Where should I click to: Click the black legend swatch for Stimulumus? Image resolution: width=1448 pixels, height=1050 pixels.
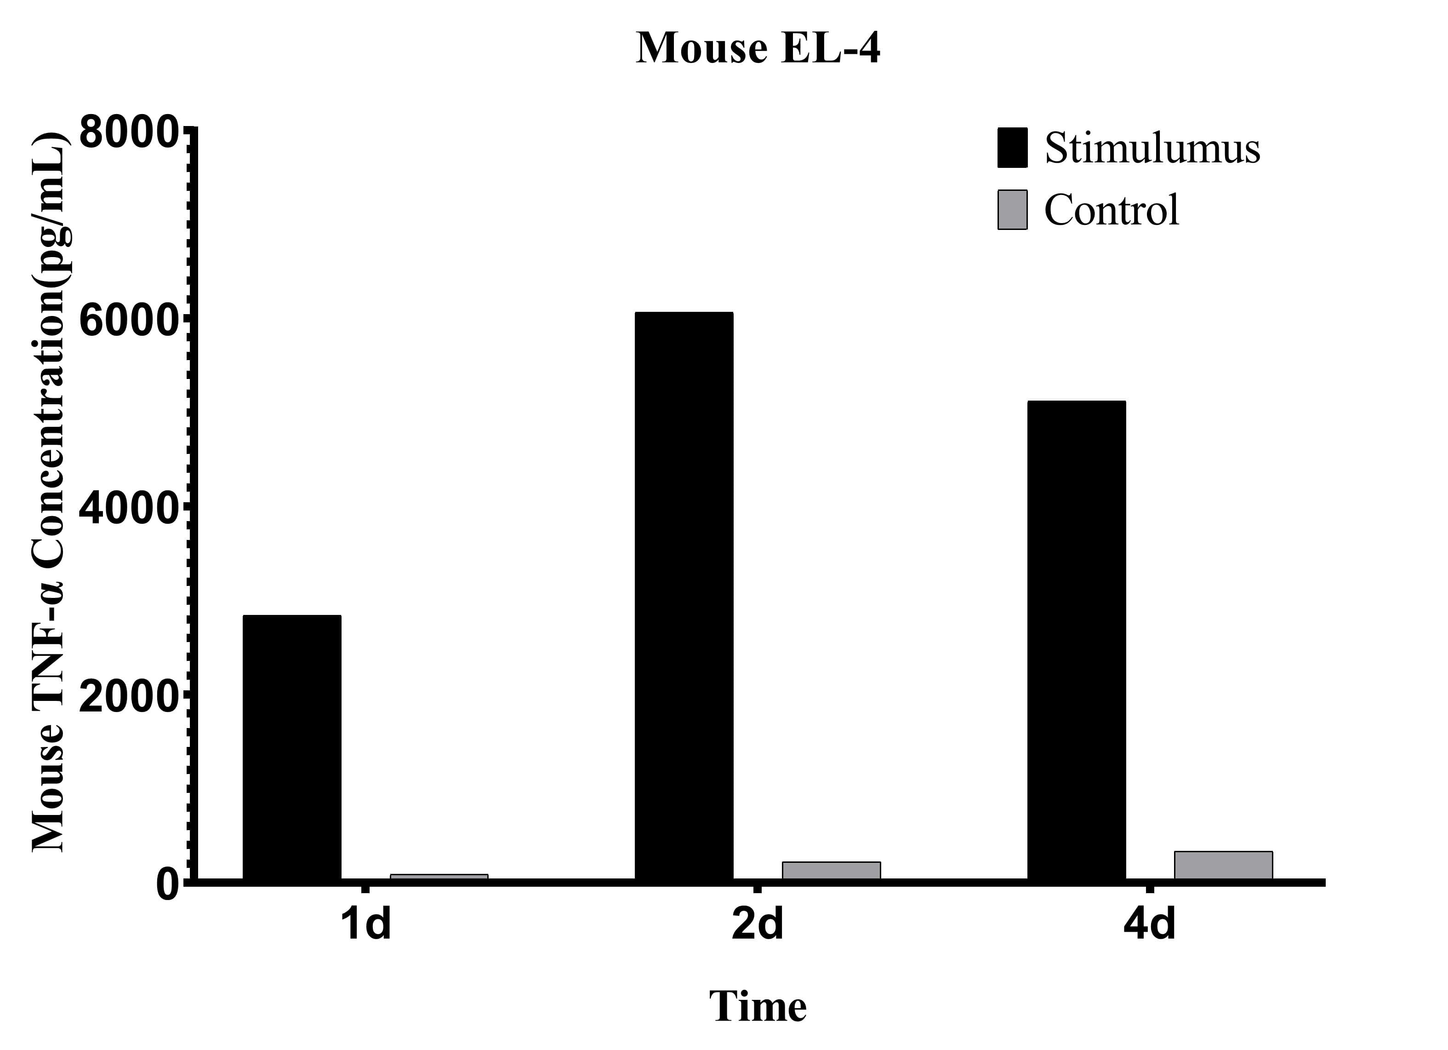tap(1013, 148)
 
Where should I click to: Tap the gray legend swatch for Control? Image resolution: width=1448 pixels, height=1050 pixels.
tap(1013, 209)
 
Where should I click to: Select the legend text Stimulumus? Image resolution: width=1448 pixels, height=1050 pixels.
tap(1152, 148)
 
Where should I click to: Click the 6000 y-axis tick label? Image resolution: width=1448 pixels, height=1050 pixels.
tap(128, 320)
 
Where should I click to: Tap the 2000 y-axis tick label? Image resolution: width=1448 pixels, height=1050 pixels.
tap(128, 697)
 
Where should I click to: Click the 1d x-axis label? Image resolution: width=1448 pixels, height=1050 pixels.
tap(365, 924)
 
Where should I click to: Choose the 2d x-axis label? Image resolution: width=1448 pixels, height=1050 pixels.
tap(757, 924)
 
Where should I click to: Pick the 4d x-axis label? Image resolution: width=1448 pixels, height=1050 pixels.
tap(1149, 924)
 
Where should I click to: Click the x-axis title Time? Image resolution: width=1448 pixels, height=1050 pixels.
tap(758, 1007)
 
